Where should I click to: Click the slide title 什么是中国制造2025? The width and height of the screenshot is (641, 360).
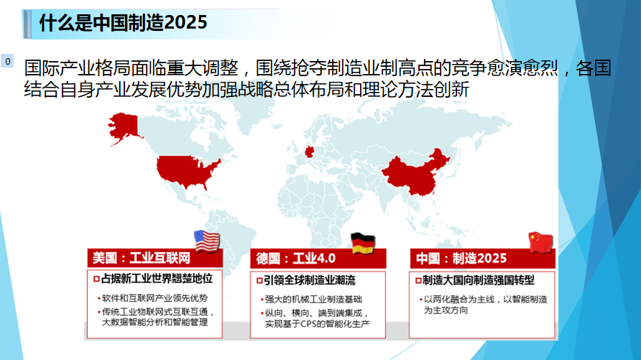123,22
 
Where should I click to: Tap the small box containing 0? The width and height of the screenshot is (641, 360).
7,61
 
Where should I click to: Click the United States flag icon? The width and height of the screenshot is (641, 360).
207,241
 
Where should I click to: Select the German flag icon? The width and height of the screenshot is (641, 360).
363,243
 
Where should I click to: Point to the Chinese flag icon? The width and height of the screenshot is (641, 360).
540,242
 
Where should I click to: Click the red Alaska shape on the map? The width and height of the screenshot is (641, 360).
124,126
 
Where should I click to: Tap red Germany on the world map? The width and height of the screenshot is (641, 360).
310,152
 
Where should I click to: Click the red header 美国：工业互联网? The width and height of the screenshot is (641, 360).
142,258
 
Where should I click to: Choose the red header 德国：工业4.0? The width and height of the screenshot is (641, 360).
295,259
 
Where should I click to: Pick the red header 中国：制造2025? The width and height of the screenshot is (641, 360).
461,259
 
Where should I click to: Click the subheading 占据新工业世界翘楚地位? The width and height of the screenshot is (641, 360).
157,279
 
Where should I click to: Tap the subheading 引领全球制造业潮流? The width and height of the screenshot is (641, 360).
310,280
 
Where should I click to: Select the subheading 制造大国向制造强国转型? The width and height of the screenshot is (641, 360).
479,280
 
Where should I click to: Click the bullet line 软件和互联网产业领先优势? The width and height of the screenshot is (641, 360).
155,298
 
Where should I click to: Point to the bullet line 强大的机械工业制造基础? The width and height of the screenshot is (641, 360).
313,300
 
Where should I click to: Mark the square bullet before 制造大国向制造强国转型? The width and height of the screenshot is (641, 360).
418,281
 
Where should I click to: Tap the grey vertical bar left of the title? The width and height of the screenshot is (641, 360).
27,24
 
